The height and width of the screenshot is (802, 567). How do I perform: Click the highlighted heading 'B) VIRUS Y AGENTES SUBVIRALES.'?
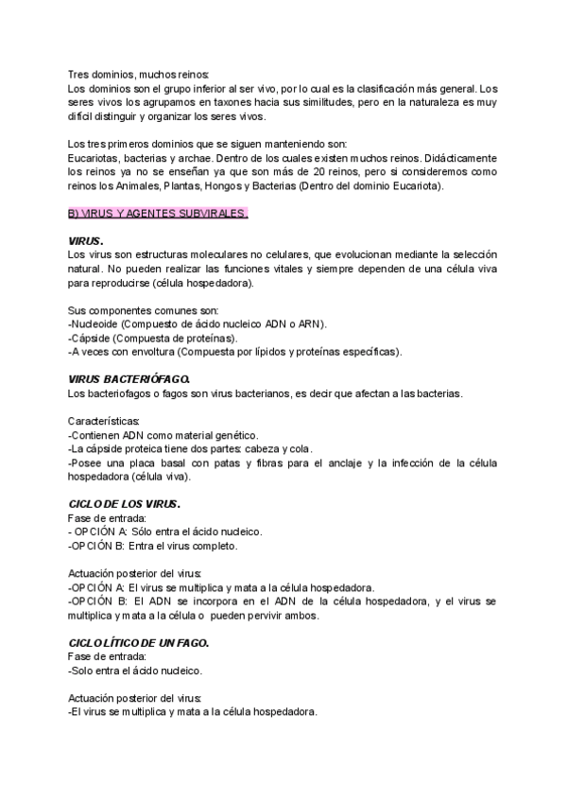[158, 214]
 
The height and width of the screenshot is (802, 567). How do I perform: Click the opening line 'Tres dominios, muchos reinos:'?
[140, 74]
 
